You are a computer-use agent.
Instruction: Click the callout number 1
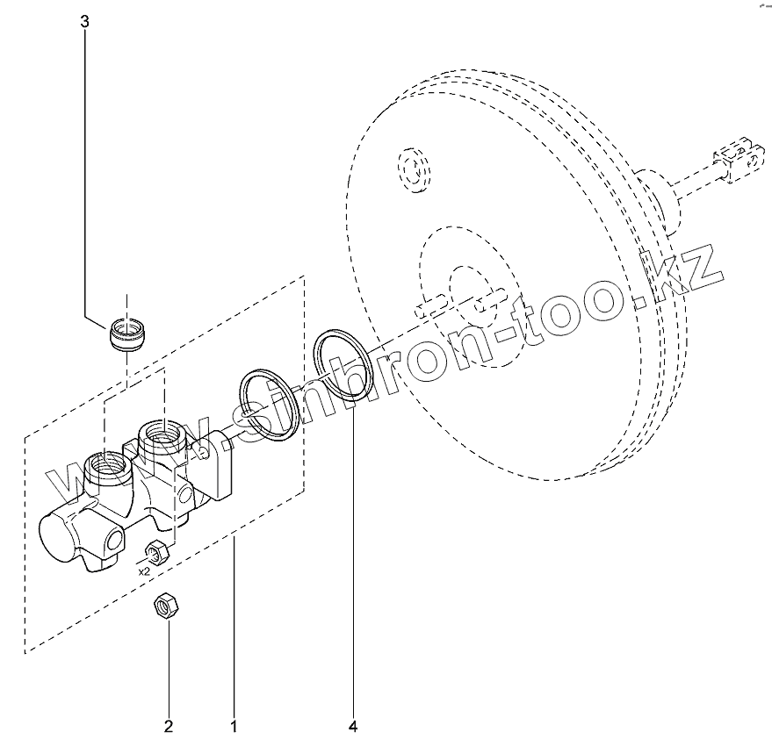tap(234, 726)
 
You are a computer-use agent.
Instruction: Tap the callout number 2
tap(168, 726)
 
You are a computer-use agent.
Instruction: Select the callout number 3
tap(84, 23)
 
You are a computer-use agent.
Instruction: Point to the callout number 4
tap(354, 726)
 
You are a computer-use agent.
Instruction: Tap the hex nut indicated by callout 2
tap(163, 605)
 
